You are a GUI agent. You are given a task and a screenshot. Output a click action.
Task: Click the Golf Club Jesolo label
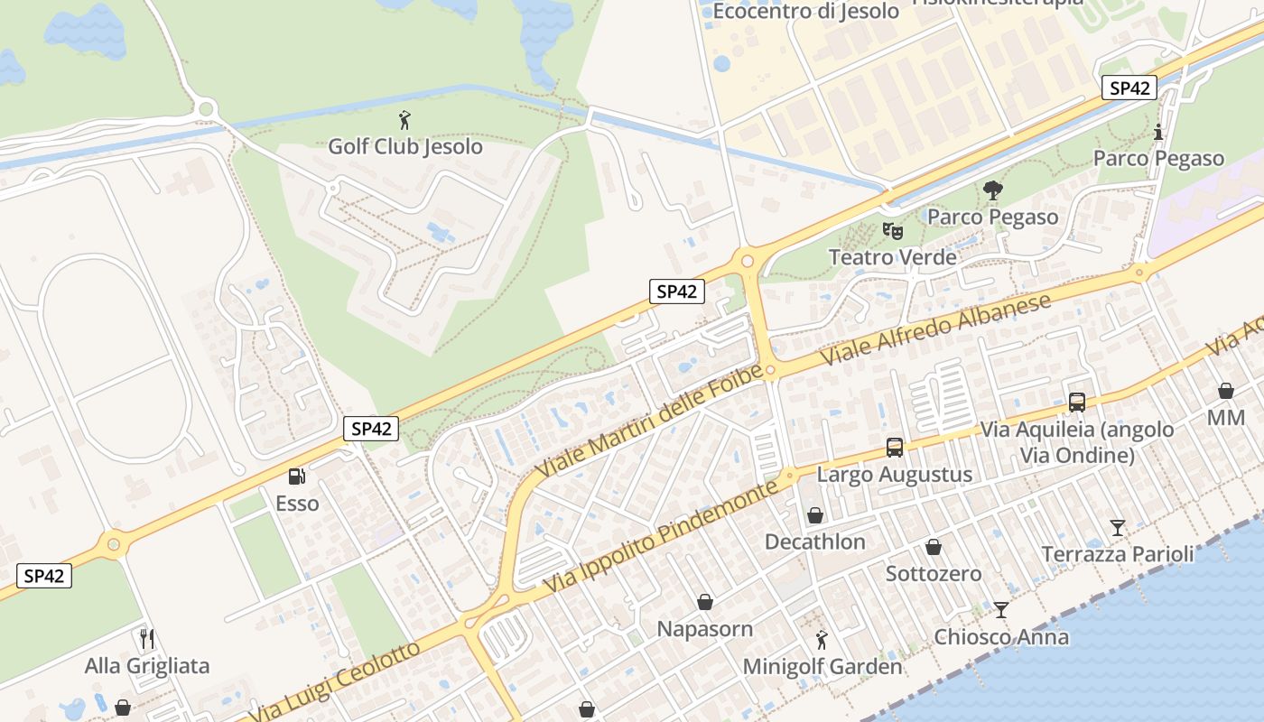pyautogui.click(x=404, y=146)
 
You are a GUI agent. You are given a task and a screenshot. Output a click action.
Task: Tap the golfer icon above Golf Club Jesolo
pyautogui.click(x=404, y=119)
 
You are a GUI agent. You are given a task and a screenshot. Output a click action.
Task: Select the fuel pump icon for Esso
pyautogui.click(x=296, y=476)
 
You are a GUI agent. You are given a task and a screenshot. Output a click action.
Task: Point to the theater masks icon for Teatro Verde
pyautogui.click(x=892, y=230)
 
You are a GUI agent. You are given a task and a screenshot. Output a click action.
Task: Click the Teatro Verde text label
pyautogui.click(x=892, y=257)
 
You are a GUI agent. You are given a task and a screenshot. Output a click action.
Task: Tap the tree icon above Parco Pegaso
pyautogui.click(x=992, y=190)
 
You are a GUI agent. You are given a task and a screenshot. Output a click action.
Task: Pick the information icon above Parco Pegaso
pyautogui.click(x=1158, y=132)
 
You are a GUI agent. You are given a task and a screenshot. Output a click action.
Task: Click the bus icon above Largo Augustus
pyautogui.click(x=894, y=448)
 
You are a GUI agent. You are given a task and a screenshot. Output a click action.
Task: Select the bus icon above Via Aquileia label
pyautogui.click(x=1076, y=403)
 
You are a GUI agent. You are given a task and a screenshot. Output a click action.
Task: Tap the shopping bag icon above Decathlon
pyautogui.click(x=814, y=515)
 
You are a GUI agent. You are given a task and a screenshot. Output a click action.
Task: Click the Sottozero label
pyautogui.click(x=933, y=573)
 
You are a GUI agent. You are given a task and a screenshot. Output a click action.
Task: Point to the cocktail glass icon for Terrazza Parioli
pyautogui.click(x=1118, y=527)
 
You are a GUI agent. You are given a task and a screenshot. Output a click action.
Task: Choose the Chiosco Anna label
pyautogui.click(x=1000, y=636)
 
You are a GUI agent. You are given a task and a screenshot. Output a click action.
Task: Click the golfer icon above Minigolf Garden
pyautogui.click(x=822, y=640)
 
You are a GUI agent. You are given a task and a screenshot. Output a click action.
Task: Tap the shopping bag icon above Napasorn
pyautogui.click(x=704, y=602)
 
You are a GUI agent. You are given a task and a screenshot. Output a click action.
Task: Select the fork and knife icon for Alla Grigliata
pyautogui.click(x=147, y=639)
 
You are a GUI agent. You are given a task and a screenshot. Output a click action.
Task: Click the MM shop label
pyautogui.click(x=1225, y=419)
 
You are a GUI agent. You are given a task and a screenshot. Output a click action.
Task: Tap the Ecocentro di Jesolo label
pyautogui.click(x=805, y=11)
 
